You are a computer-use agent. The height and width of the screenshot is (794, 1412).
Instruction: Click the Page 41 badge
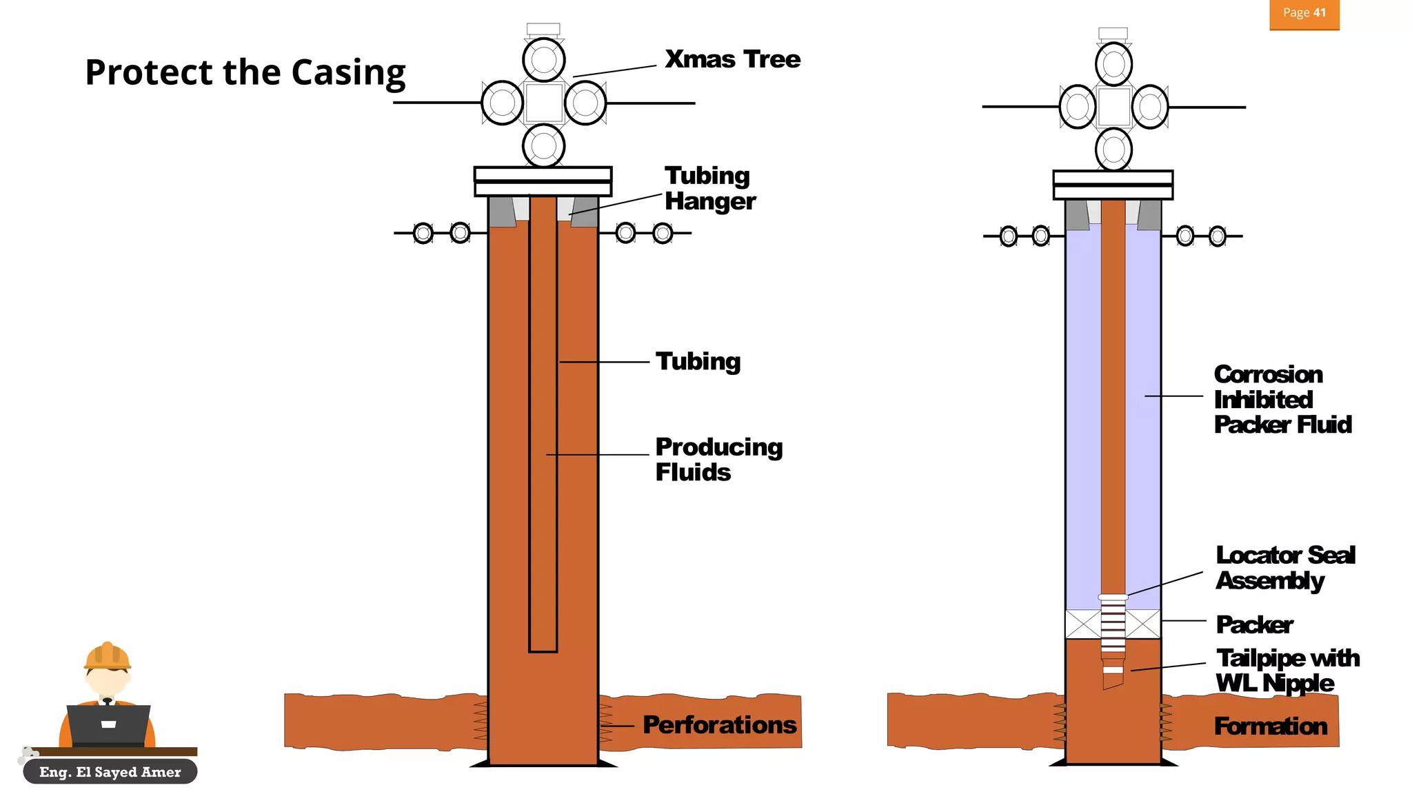pyautogui.click(x=1304, y=14)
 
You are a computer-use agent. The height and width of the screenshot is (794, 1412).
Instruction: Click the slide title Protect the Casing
pyautogui.click(x=245, y=73)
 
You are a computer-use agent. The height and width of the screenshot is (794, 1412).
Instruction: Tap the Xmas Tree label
pyautogui.click(x=733, y=59)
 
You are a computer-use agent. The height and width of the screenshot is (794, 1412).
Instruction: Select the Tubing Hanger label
pyautogui.click(x=710, y=188)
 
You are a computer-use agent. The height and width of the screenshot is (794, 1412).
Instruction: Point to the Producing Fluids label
pyautogui.click(x=719, y=459)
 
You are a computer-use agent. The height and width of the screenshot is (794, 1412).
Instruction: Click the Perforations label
pyautogui.click(x=720, y=725)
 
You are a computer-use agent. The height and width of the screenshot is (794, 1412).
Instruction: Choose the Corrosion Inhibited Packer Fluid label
pyautogui.click(x=1282, y=400)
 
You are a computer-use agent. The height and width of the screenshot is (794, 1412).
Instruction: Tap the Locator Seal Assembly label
pyautogui.click(x=1286, y=568)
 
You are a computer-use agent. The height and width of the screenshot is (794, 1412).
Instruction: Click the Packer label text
pyautogui.click(x=1255, y=625)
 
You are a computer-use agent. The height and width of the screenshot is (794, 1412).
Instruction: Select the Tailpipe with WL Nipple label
pyautogui.click(x=1288, y=671)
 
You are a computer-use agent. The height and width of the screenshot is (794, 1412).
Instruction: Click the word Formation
pyautogui.click(x=1271, y=726)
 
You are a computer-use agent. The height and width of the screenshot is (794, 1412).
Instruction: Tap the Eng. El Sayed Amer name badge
pyautogui.click(x=110, y=772)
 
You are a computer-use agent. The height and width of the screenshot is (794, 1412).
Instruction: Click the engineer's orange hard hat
pyautogui.click(x=107, y=655)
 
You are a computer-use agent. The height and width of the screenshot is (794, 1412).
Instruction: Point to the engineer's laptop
pyautogui.click(x=108, y=725)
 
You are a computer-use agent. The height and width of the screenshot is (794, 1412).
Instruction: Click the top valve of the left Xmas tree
pyautogui.click(x=544, y=59)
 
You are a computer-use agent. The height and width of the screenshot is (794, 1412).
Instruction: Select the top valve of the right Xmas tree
pyautogui.click(x=1113, y=64)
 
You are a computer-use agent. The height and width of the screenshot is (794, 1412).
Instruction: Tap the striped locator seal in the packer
pyautogui.click(x=1113, y=624)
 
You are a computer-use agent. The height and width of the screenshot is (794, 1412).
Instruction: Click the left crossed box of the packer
pyautogui.click(x=1083, y=624)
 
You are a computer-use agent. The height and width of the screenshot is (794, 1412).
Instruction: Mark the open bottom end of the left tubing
pyautogui.click(x=543, y=651)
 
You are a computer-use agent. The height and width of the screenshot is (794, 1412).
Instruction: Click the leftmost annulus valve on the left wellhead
pyautogui.click(x=423, y=233)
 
